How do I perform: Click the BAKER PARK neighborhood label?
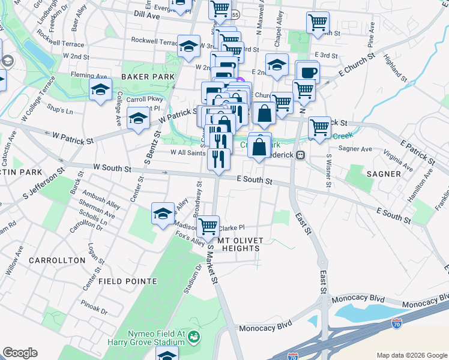coord(148,77)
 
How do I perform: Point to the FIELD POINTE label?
coord(128,281)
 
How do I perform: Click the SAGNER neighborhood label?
coord(381,173)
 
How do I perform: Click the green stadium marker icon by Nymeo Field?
coord(194,337)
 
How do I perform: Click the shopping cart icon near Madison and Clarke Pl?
coord(208,227)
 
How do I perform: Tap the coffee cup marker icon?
coord(309,72)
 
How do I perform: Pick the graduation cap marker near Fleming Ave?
coord(101,91)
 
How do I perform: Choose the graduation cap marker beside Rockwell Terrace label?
coord(188,46)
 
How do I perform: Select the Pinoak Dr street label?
coord(95,311)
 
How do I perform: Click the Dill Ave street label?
coord(146,14)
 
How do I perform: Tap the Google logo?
coord(20,353)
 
